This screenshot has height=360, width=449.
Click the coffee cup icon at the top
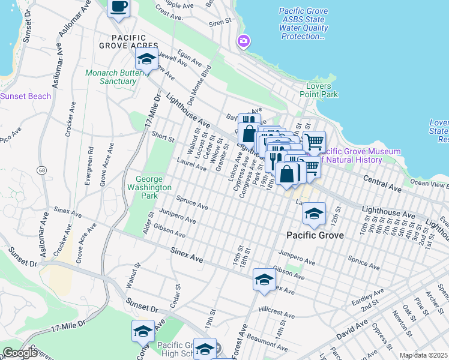tap(118, 7)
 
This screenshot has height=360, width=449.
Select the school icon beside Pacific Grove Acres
tap(146, 59)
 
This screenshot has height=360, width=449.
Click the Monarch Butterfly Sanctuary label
tap(118, 77)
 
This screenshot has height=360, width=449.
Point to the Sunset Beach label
tap(25, 96)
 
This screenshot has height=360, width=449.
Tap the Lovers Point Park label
tap(319, 90)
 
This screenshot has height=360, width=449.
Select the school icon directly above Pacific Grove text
tap(314, 213)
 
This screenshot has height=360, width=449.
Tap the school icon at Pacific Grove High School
tap(205, 349)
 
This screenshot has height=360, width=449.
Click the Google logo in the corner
tap(20, 353)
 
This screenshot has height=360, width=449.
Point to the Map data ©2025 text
tap(423, 355)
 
